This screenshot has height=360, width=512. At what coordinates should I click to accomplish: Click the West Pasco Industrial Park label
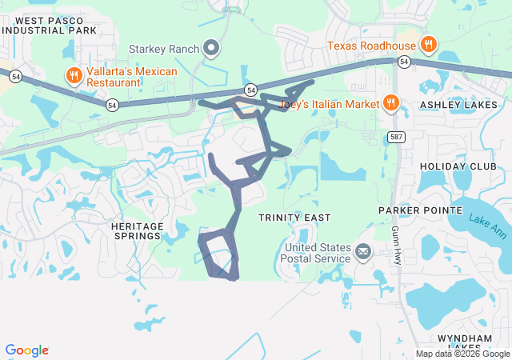(50, 25)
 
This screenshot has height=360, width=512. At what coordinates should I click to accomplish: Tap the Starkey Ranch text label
(166, 50)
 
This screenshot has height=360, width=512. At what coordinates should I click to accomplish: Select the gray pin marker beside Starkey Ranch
(212, 49)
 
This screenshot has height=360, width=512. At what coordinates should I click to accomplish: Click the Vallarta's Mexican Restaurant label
(132, 76)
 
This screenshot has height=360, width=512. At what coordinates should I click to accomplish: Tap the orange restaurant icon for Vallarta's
(74, 76)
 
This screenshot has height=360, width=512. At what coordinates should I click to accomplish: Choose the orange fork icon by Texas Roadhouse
(429, 44)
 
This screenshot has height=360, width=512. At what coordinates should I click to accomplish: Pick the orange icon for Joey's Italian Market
(391, 102)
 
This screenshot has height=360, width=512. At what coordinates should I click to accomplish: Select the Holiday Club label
(458, 166)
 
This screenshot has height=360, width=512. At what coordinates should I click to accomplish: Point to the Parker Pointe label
(415, 211)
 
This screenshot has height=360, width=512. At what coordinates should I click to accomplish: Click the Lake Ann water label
(487, 226)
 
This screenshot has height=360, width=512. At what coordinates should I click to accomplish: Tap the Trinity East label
(294, 218)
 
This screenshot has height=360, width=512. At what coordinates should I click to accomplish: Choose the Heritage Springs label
(137, 231)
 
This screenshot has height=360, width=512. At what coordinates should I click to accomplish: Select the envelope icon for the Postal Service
(363, 253)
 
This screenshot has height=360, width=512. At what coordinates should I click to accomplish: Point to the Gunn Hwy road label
(396, 245)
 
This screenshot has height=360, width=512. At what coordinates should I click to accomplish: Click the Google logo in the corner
(27, 350)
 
